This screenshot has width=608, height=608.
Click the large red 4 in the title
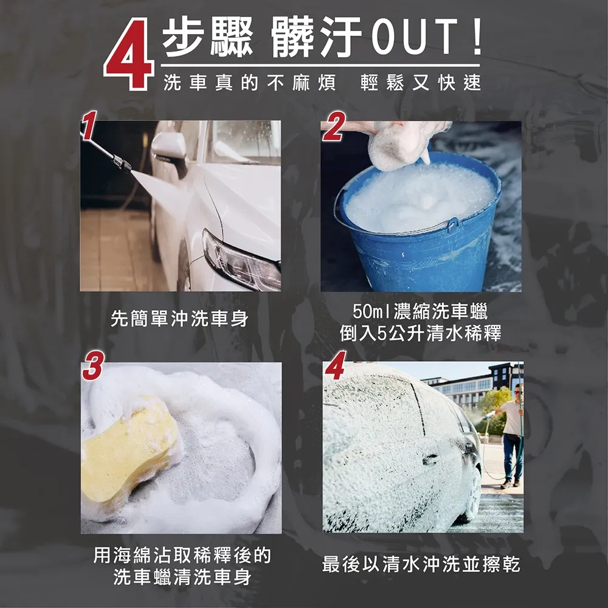pos(130,54)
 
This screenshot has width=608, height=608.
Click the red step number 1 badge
pos(89,125)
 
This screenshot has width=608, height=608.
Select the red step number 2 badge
pos(333,126)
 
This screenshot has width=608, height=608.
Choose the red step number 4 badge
pos(336,365)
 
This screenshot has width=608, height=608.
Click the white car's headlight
pos(240,261)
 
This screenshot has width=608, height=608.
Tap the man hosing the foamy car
pos(511,434)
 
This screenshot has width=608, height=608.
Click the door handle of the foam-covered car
pos(430,460)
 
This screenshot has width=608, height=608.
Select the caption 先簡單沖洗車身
pos(179,319)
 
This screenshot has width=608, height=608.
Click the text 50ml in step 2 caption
pos(371,311)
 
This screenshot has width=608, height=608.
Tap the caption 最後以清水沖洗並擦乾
pos(421,564)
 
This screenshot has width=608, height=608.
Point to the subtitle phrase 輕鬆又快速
pos(421,83)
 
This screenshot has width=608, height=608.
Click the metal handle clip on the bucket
pos(452,225)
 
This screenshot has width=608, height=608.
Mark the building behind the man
pos(473,386)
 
